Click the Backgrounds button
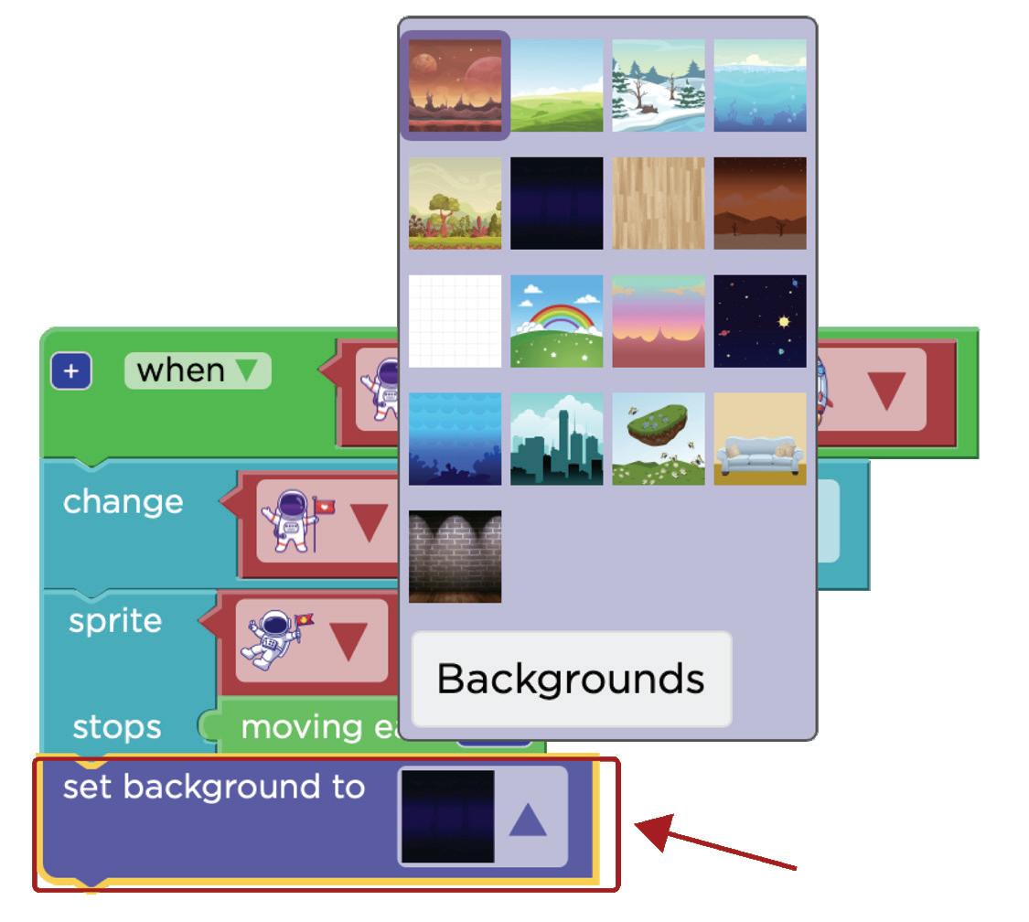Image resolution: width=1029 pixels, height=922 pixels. [572, 679]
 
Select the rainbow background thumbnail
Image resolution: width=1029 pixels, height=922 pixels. [556, 321]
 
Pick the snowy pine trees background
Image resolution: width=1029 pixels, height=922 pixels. [658, 85]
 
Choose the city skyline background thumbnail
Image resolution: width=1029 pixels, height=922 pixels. [556, 439]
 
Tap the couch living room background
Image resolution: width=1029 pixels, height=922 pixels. [760, 439]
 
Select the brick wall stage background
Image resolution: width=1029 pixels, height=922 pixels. [455, 556]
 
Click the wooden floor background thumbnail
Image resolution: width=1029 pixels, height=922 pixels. [658, 203]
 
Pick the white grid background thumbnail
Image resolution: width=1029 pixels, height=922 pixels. [455, 321]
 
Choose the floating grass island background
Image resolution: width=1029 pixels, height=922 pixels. [658, 439]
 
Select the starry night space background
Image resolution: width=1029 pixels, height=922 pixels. [760, 321]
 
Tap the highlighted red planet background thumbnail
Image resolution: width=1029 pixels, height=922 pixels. [455, 85]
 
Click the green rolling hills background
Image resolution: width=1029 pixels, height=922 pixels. [556, 85]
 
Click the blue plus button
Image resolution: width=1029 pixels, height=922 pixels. [71, 372]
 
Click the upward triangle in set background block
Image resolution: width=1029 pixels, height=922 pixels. [527, 820]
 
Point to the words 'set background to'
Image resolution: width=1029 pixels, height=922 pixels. [213, 787]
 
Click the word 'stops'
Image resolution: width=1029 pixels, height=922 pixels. [116, 728]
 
